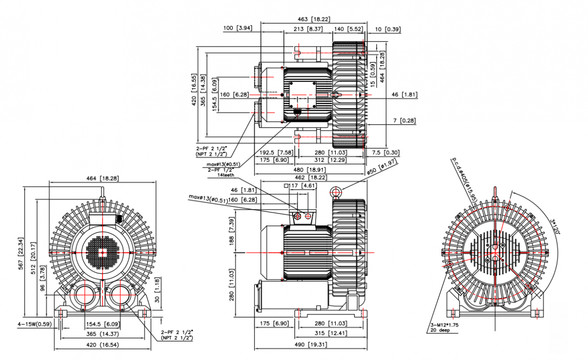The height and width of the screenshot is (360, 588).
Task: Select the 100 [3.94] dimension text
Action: click(x=238, y=29)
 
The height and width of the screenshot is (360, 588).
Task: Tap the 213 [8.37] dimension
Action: click(x=308, y=29)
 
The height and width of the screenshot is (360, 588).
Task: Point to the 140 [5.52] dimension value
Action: click(x=348, y=29)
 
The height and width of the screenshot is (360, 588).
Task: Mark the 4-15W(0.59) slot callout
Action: click(x=34, y=324)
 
